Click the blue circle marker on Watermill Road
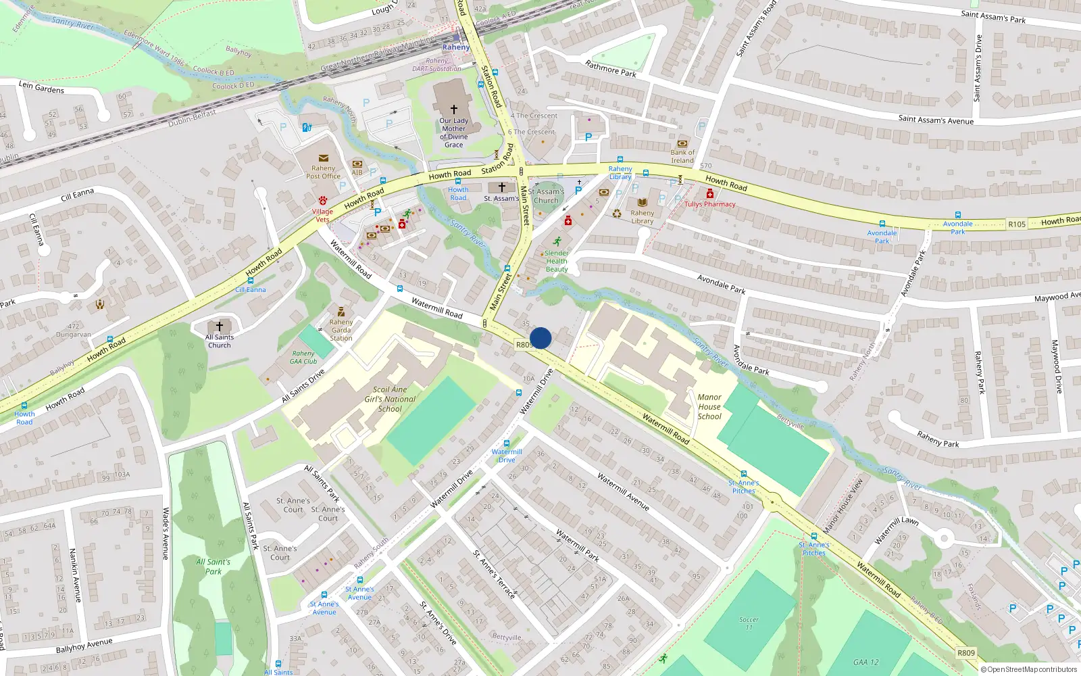540,338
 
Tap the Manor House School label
709,407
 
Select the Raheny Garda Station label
341,330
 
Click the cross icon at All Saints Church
220,327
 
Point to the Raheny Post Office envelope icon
324,158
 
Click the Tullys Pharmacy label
709,204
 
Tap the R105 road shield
1016,224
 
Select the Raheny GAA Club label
303,357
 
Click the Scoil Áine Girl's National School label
390,399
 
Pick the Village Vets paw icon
323,201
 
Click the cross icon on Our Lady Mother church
454,109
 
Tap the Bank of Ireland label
682,156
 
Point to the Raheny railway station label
456,47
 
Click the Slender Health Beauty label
557,261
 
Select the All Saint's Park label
213,566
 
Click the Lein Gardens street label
41,87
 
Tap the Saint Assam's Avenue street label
936,120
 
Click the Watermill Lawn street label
896,530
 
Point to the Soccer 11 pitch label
749,623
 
